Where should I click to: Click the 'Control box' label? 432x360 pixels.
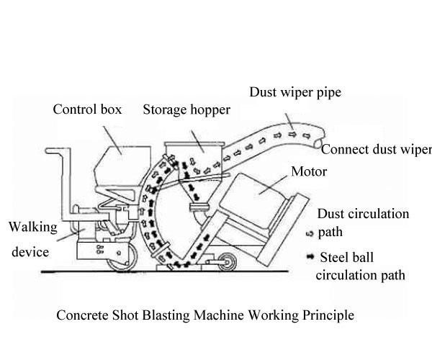coord(87,110)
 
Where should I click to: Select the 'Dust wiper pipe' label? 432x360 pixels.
coord(294,92)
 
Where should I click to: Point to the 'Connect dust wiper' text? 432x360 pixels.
coord(376,150)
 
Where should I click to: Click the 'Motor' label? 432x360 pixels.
coord(308,172)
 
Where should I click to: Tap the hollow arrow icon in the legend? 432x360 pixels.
coord(309,233)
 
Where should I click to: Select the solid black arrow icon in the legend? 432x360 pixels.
coord(309,256)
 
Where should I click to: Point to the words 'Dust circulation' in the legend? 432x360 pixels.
coord(363,214)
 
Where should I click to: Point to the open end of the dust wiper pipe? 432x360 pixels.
coord(316,141)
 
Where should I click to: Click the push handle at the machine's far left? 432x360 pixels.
coord(54,153)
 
